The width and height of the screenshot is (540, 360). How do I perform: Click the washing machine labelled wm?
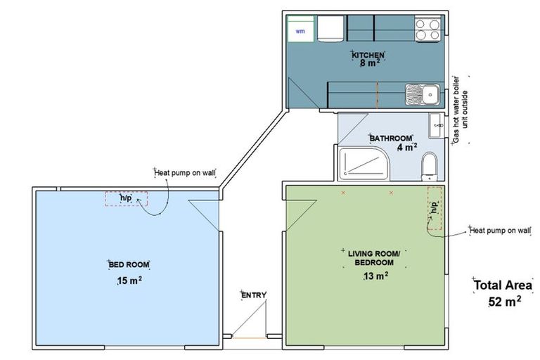pyautogui.click(x=301, y=29)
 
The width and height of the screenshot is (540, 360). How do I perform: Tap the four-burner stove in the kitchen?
pyautogui.click(x=427, y=30)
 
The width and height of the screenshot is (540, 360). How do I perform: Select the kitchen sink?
pyautogui.click(x=422, y=94)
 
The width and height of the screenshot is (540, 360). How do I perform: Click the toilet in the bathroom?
pyautogui.click(x=430, y=166)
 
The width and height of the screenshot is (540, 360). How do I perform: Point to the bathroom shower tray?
pyautogui.click(x=364, y=164)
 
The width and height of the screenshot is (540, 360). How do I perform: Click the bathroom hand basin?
pyautogui.click(x=437, y=125)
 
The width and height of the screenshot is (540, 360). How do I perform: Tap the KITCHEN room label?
pyautogui.click(x=368, y=55)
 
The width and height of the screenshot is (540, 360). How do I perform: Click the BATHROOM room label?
pyautogui.click(x=391, y=138)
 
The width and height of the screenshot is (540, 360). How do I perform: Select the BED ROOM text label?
pyautogui.click(x=129, y=264)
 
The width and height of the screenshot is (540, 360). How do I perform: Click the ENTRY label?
pyautogui.click(x=254, y=295)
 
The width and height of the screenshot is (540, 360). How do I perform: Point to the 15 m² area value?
pyautogui.click(x=129, y=280)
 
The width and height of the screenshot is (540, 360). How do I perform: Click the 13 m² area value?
pyautogui.click(x=376, y=276)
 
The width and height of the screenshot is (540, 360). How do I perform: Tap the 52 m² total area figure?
pyautogui.click(x=505, y=302)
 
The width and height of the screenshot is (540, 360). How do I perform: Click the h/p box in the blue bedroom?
pyautogui.click(x=127, y=199)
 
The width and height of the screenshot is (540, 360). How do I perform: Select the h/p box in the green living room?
pyautogui.click(x=435, y=208)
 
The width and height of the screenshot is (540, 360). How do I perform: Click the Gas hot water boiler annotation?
pyautogui.click(x=461, y=110)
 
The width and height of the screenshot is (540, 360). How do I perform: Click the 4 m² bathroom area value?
pyautogui.click(x=407, y=147)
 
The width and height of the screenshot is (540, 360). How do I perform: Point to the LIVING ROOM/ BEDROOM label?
pyautogui.click(x=374, y=258)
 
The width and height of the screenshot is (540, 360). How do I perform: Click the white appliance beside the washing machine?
pyautogui.click(x=330, y=29)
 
